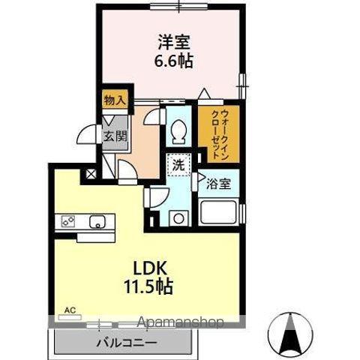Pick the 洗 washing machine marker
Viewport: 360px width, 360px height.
point(179,164)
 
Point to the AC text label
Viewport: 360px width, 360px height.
point(70,309)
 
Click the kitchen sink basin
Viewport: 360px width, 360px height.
point(97,221)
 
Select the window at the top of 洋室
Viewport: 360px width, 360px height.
point(178,7)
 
